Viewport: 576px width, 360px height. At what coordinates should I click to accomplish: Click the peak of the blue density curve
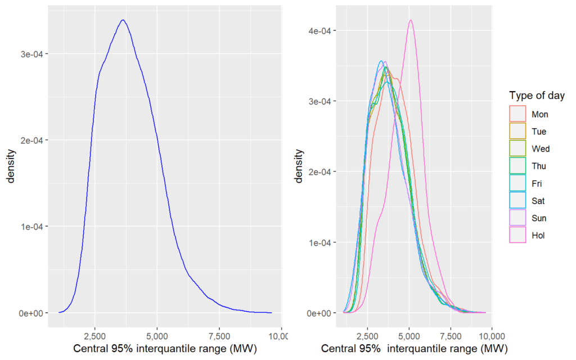[x=123, y=20]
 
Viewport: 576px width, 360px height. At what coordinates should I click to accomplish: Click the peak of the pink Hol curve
[x=411, y=20]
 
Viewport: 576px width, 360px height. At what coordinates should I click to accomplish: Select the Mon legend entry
[x=529, y=114]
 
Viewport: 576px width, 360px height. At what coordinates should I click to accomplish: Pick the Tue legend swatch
[x=517, y=132]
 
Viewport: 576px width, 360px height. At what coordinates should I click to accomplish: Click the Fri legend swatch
[x=517, y=183]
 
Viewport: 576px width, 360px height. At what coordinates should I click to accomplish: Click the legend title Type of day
[x=537, y=96]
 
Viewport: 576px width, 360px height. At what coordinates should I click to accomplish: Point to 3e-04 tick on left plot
[x=32, y=55]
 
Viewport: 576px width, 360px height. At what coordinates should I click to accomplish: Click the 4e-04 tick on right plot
[x=319, y=31]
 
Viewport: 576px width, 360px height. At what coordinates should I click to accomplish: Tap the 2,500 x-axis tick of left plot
[x=94, y=336]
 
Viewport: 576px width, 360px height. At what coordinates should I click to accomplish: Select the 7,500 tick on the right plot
[x=451, y=336]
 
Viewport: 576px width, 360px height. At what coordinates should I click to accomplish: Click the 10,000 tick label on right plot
[x=492, y=336]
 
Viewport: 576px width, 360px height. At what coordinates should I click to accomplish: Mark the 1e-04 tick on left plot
[x=32, y=227]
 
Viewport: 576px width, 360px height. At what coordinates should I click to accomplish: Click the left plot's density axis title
[x=11, y=166]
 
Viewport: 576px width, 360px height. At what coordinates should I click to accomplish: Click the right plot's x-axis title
[x=415, y=349]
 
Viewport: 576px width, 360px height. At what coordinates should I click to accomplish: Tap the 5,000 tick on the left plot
[x=157, y=336]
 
